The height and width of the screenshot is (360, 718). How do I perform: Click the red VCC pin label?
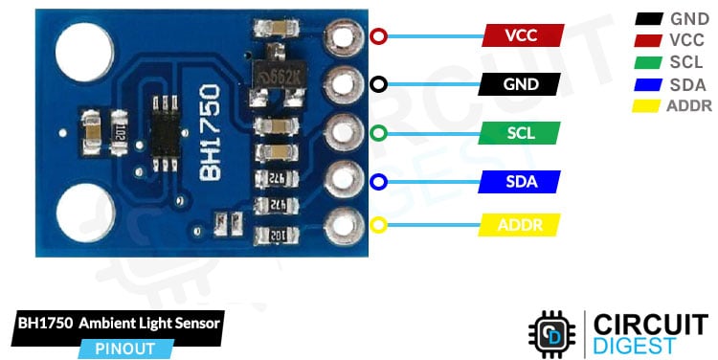click(x=522, y=36)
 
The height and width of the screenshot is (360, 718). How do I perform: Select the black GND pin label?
click(x=522, y=84)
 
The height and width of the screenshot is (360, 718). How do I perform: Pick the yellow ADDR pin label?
click(x=518, y=226)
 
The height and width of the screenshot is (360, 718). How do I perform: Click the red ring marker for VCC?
click(x=379, y=37)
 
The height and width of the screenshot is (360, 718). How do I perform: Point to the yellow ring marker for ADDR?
click(x=379, y=226)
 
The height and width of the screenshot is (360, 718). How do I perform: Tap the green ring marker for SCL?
click(x=379, y=133)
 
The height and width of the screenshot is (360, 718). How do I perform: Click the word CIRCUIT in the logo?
click(x=650, y=323)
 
